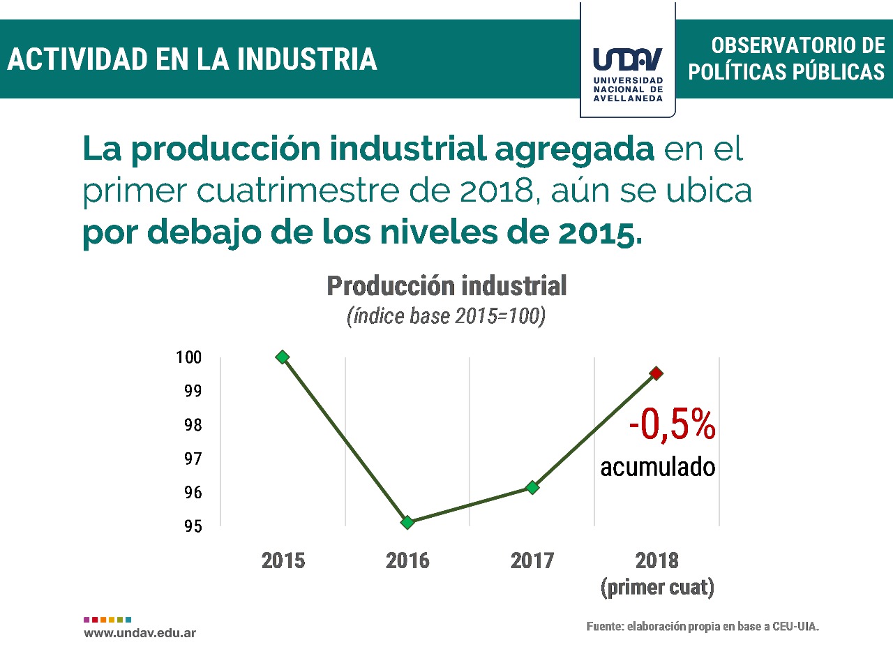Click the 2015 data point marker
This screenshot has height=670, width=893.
coord(283,357)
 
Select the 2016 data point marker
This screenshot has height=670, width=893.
coord(407,522)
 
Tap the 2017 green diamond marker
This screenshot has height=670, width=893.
coord(532,487)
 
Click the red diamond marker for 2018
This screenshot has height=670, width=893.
coord(656,373)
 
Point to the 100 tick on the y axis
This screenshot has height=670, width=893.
coord(188,357)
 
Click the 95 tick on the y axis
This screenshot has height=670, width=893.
coord(193,526)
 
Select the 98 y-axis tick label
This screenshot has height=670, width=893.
coord(193,425)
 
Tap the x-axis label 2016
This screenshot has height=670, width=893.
coord(407,560)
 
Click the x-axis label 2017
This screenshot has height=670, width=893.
coord(532,560)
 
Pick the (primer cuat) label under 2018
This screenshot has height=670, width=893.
coord(657,588)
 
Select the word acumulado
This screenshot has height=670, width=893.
coord(658,467)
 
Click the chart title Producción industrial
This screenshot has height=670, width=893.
coord(446,286)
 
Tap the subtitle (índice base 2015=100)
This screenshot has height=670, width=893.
coord(446,316)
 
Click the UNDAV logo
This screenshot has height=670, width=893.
coord(628,70)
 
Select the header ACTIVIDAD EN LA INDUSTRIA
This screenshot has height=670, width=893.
coord(193,59)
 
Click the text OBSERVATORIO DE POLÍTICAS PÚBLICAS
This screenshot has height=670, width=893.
coord(786,59)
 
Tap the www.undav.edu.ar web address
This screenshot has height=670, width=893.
coord(140,633)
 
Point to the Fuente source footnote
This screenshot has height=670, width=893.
coord(703,627)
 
